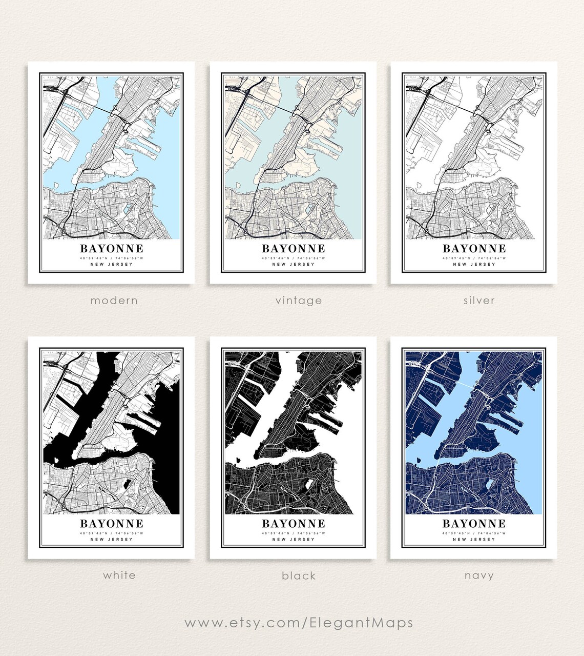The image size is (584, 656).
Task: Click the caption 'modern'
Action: coord(114,301)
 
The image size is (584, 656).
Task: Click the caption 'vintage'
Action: coord(299,301)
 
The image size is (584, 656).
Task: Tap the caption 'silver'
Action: coord(479,301)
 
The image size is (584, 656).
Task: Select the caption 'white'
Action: coord(119,575)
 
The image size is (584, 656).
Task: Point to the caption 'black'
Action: coord(299,576)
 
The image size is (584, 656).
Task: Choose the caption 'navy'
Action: coord(479,576)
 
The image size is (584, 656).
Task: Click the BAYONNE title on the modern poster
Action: coord(112,249)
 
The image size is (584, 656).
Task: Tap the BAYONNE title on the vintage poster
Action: coord(294,249)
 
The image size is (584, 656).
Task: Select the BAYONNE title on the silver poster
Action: coord(474,249)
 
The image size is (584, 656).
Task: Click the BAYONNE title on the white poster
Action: coord(112,524)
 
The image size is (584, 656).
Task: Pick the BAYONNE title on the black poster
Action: coord(294,524)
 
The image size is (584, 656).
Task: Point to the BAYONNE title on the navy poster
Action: coord(474,524)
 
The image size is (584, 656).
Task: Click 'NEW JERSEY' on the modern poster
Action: coord(112,265)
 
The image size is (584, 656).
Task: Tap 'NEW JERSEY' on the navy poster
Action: coord(474,540)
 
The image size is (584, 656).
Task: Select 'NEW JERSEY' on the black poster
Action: coord(294,540)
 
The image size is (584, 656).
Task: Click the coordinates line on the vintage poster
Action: coord(294,258)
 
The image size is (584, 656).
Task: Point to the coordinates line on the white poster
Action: coord(112,533)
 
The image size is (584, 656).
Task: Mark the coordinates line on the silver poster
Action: coord(474,258)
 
